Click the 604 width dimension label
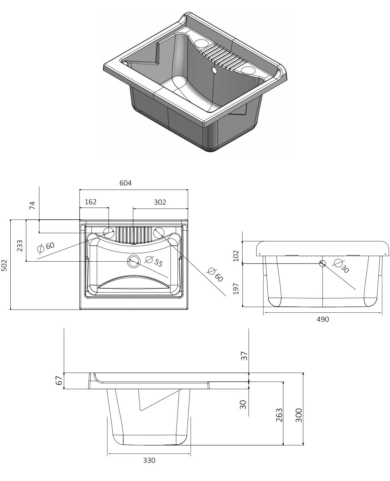tap(125, 183)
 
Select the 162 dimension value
tap(91, 202)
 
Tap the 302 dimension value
tap(160, 202)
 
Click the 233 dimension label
tap(20, 246)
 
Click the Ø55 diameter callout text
tap(155, 261)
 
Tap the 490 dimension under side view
tap(323, 319)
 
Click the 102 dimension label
tap(236, 255)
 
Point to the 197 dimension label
tap(236, 289)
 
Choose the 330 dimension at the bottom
tap(149, 460)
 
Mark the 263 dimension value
tap(279, 415)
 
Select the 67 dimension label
tap(58, 381)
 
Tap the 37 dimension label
tap(244, 356)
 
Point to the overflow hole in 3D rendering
tap(214, 71)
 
